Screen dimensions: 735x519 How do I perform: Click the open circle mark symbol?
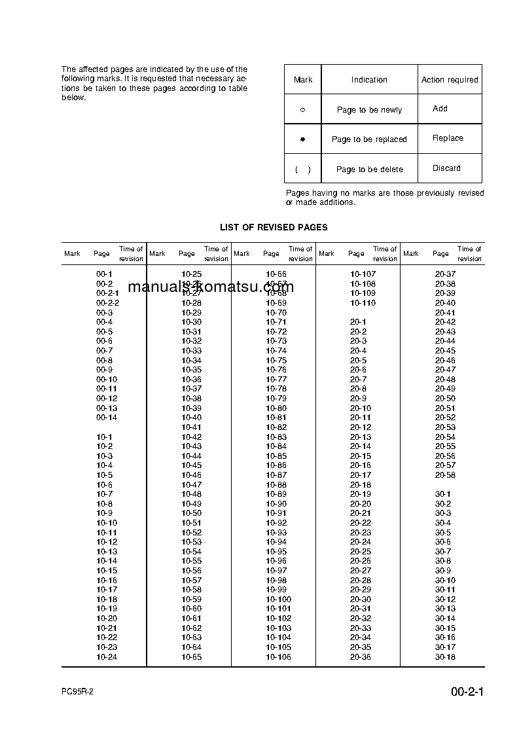[302, 110]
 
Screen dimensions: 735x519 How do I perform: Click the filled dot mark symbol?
[302, 139]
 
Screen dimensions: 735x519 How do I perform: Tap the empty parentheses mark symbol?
[302, 170]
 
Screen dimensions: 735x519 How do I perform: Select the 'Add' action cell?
[440, 109]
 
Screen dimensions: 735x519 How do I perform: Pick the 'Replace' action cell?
[448, 138]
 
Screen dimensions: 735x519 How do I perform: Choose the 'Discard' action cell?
[446, 168]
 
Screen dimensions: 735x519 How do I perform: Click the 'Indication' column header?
[369, 80]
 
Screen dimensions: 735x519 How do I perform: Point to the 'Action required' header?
[450, 80]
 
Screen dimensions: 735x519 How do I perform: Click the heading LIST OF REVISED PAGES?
[274, 227]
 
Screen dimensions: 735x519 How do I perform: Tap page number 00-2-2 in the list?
[107, 303]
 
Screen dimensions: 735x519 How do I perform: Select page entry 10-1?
[105, 437]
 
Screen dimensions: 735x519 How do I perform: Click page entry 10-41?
[191, 427]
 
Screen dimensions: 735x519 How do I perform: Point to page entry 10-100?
[279, 600]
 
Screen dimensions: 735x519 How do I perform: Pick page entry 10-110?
[363, 303]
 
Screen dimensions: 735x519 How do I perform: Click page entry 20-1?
[358, 322]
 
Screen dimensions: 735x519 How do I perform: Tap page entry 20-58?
[445, 475]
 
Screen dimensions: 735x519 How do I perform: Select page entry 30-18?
[445, 657]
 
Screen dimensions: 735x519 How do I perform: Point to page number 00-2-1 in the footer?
[467, 692]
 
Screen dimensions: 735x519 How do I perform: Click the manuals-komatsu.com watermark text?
[211, 287]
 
